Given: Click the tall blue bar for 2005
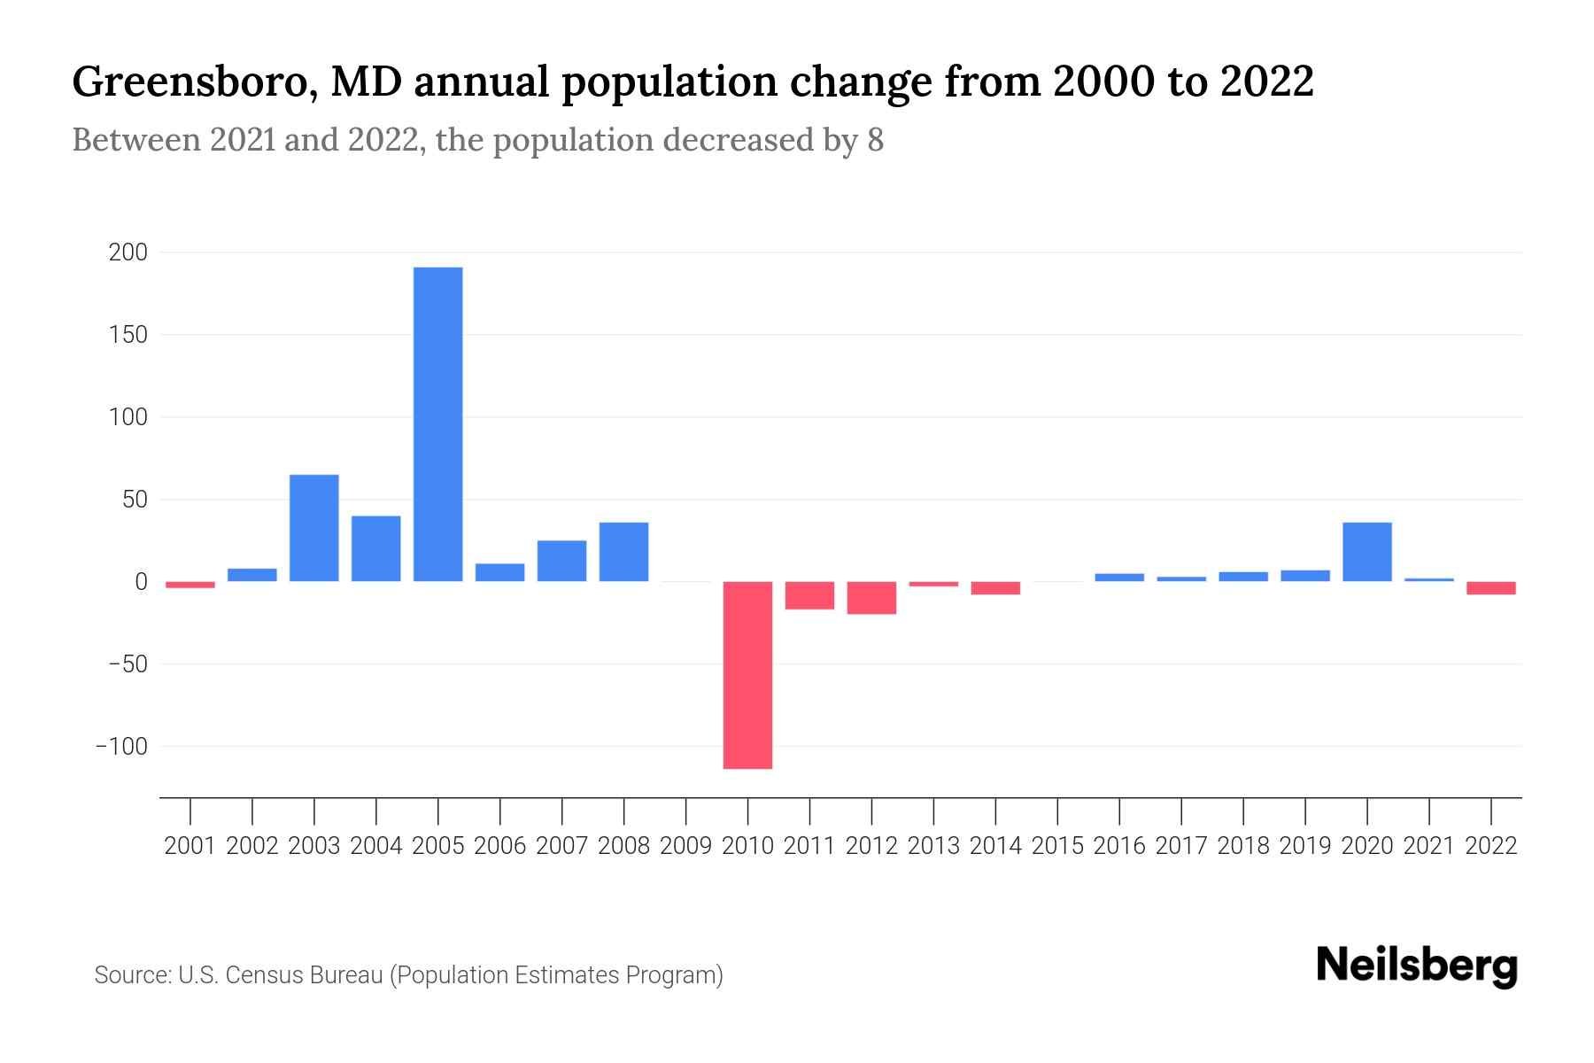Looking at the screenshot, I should (438, 423).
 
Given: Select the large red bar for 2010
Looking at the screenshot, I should (747, 675).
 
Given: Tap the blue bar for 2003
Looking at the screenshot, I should (314, 528).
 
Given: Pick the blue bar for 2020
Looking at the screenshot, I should (1367, 552).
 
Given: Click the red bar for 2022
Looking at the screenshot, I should (1491, 588).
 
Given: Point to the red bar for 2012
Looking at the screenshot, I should (871, 598).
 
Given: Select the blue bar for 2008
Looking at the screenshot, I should (624, 552).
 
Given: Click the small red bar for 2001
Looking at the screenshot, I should (190, 585).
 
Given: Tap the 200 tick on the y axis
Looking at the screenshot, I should (128, 253).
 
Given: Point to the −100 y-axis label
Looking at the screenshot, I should (121, 747).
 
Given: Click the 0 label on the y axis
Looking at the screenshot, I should (141, 582).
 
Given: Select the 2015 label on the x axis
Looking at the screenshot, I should (1057, 846).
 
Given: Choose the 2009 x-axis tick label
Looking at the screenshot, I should (686, 846).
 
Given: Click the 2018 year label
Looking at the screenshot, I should (1243, 846).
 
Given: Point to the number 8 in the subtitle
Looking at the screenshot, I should (875, 140).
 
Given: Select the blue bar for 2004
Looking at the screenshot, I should (376, 548).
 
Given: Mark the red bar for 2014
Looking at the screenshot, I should (995, 588).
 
